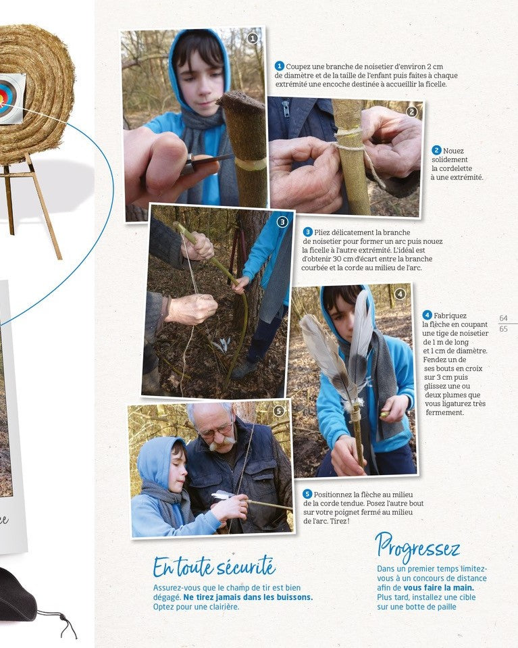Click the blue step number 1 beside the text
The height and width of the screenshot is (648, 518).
tap(279, 66)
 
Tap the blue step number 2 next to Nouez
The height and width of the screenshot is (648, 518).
tap(436, 151)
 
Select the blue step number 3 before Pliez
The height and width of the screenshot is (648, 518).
tap(307, 232)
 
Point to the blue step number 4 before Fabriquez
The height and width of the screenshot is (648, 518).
tap(427, 316)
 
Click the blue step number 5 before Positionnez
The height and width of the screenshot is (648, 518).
tap(307, 494)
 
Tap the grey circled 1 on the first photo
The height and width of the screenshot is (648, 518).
tap(253, 39)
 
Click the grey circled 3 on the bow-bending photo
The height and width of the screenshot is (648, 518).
tap(282, 222)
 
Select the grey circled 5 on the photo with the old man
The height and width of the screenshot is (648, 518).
tap(279, 411)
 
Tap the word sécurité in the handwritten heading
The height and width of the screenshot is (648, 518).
tap(247, 567)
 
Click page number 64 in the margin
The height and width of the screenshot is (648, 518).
tap(503, 318)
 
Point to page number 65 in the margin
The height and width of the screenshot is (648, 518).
tap(503, 329)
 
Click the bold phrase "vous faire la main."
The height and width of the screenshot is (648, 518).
tap(439, 588)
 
